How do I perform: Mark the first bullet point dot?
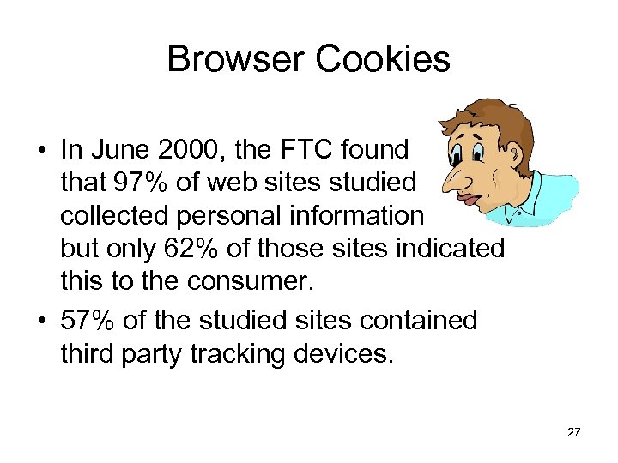tap(41, 152)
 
